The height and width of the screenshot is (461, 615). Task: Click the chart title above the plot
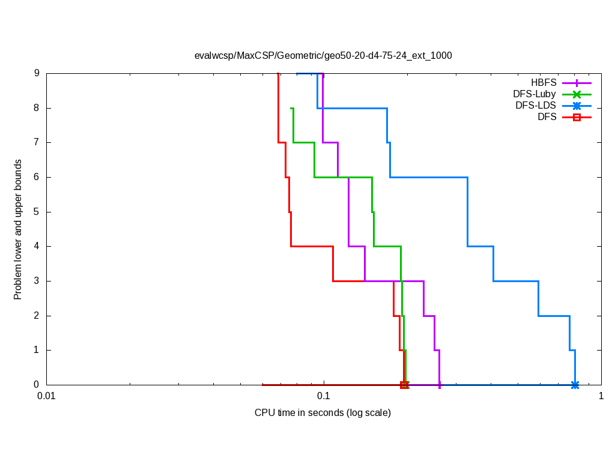click(323, 55)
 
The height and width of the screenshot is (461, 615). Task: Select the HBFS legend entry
click(544, 83)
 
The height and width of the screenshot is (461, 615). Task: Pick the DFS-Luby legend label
click(535, 94)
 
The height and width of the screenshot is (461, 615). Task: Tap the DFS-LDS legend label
click(536, 106)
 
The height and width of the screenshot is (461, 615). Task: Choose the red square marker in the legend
click(577, 117)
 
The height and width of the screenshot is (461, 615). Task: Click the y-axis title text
click(18, 229)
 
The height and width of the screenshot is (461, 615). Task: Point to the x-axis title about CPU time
click(323, 412)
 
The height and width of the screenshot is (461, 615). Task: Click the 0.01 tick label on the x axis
click(46, 396)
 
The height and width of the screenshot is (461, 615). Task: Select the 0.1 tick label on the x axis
click(324, 396)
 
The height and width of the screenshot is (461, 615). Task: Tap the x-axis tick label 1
click(601, 396)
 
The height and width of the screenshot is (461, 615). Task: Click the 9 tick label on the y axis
click(37, 73)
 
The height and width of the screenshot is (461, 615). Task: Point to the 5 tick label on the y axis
click(37, 212)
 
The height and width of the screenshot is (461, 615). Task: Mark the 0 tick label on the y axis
click(37, 385)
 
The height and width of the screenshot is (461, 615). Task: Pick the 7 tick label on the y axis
click(37, 143)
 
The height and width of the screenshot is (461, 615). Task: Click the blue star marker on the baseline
click(575, 385)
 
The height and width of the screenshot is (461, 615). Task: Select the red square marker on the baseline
click(404, 385)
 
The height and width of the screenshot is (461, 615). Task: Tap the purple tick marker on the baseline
click(440, 385)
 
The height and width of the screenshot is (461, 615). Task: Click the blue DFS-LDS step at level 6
click(429, 177)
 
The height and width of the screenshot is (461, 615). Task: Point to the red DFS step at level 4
click(312, 246)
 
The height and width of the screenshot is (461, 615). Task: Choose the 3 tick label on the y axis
click(37, 281)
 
